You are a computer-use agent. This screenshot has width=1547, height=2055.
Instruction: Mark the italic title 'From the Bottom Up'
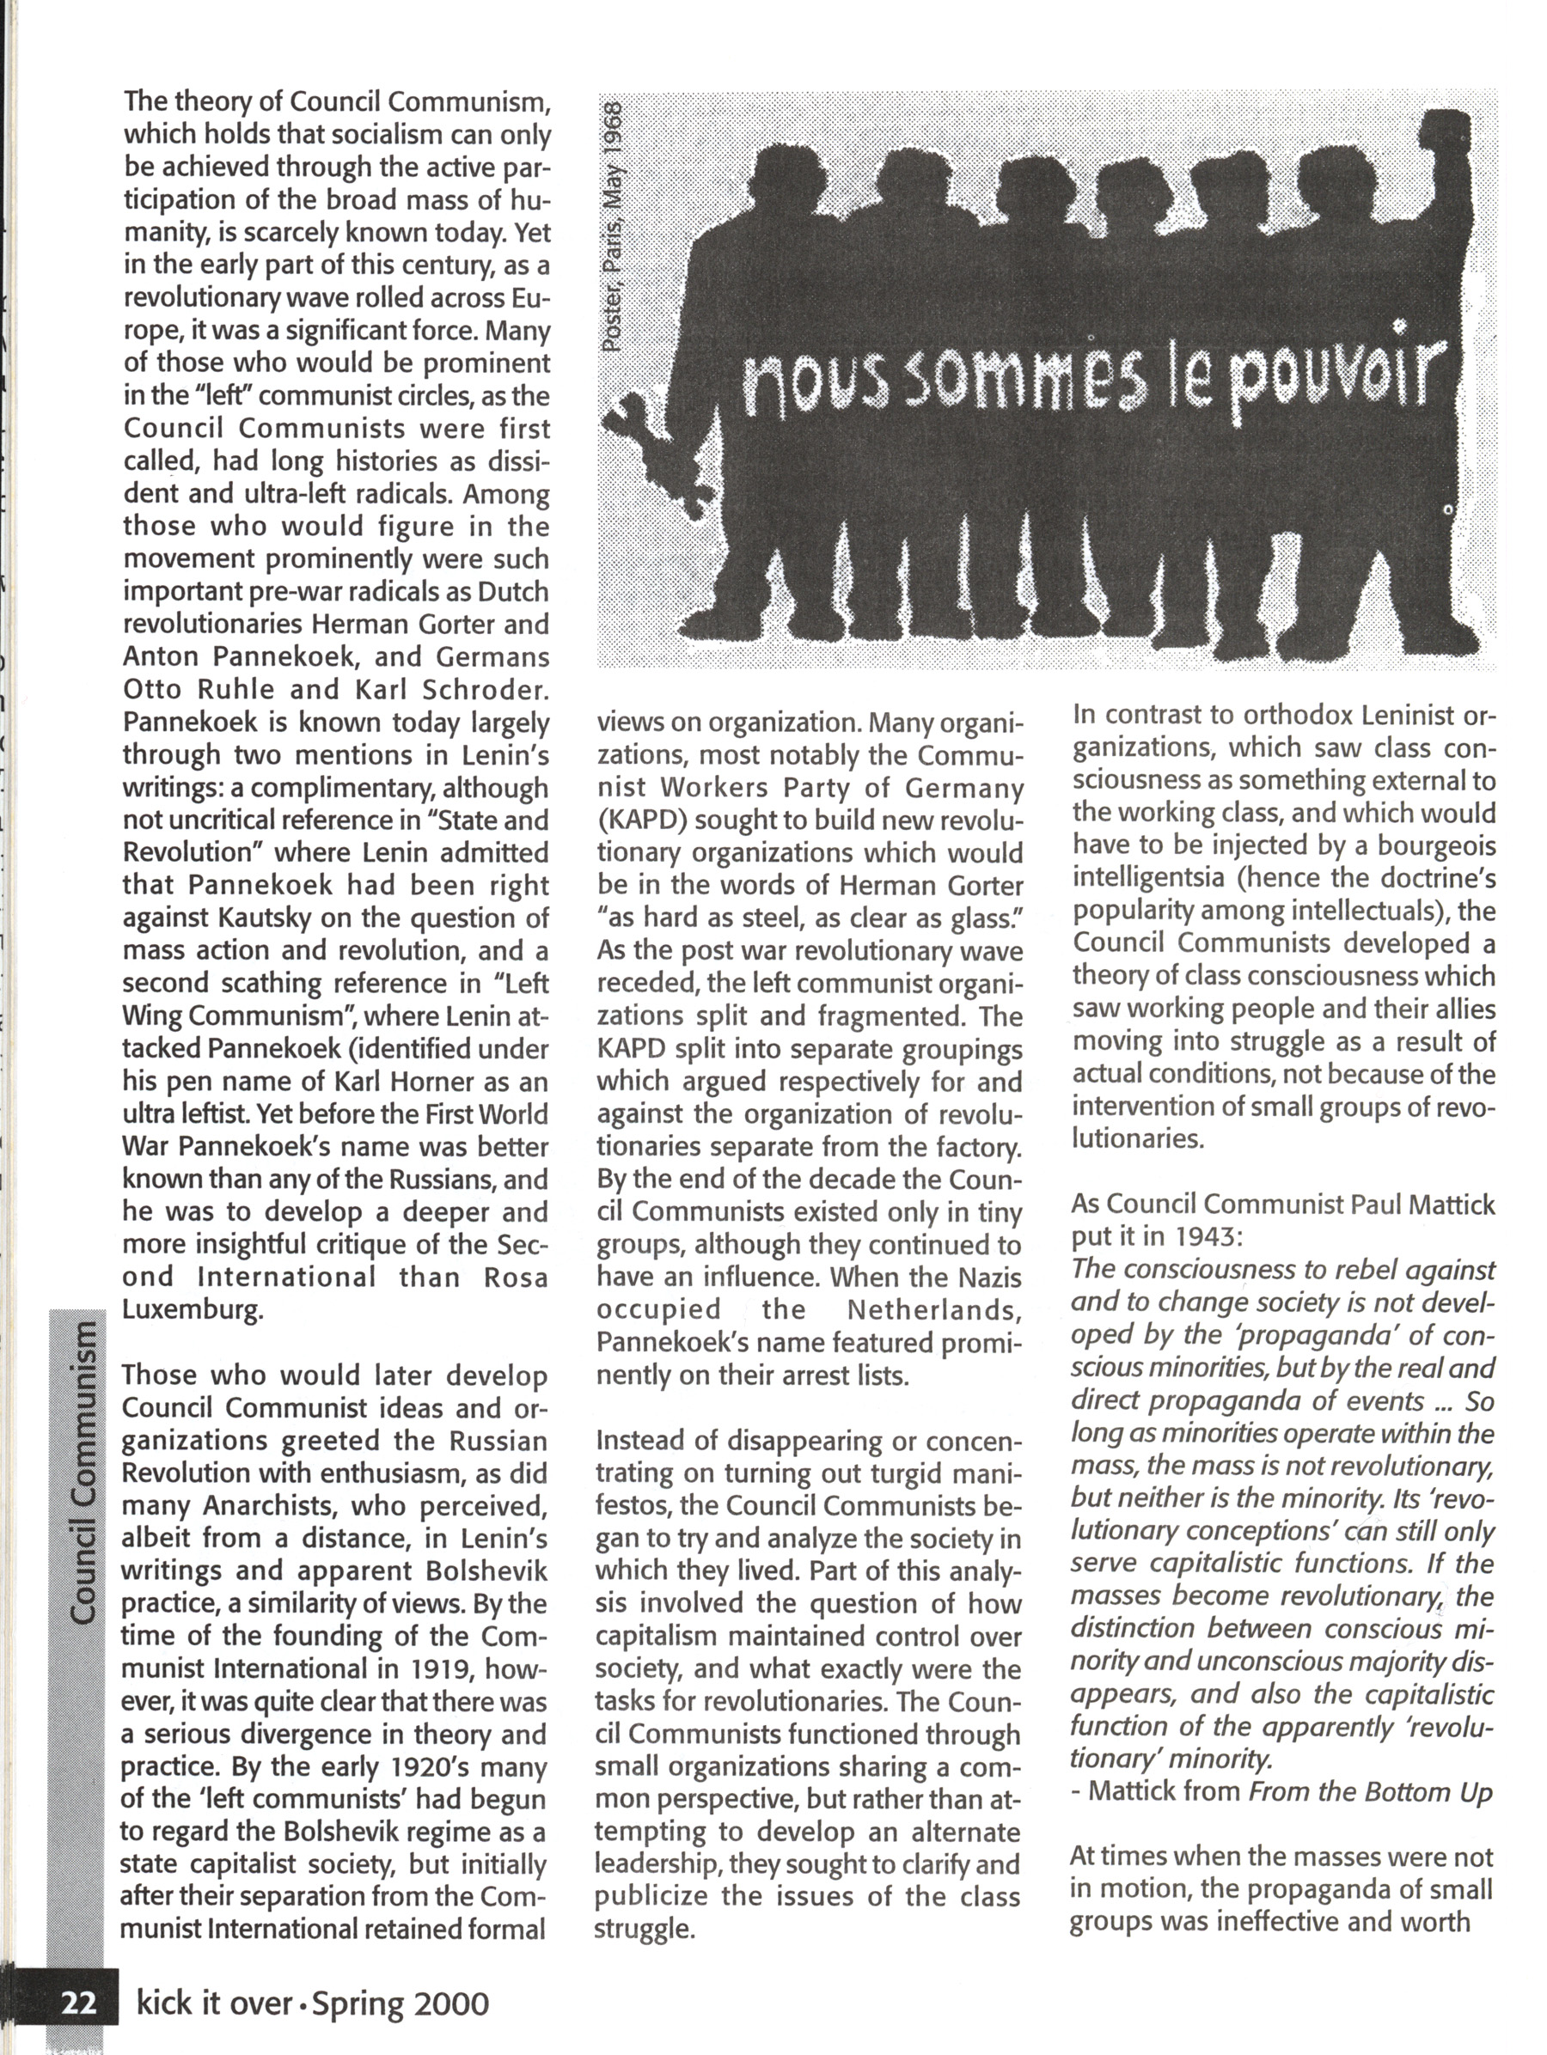click(x=1371, y=1792)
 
